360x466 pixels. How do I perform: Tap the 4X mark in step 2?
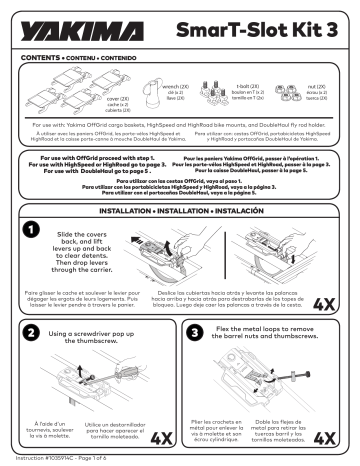tap(159, 438)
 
